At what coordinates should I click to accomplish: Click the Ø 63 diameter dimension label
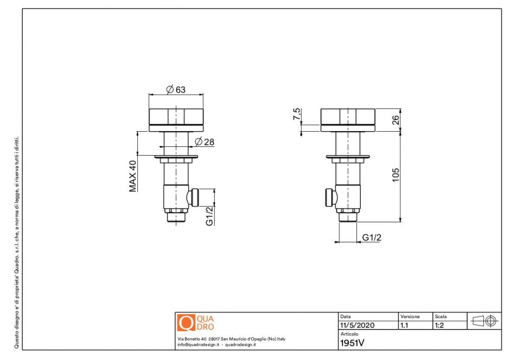pyautogui.click(x=176, y=89)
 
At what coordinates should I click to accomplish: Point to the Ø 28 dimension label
pyautogui.click(x=205, y=142)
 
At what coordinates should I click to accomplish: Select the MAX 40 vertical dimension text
pyautogui.click(x=132, y=176)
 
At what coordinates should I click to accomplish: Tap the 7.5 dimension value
pyautogui.click(x=296, y=114)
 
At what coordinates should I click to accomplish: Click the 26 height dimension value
pyautogui.click(x=396, y=119)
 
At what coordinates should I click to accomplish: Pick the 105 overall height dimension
pyautogui.click(x=396, y=175)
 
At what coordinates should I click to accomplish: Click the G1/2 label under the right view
pyautogui.click(x=372, y=237)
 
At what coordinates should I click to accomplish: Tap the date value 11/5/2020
pyautogui.click(x=357, y=326)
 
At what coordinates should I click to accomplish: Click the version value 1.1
pyautogui.click(x=404, y=326)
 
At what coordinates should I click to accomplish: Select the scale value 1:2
pyautogui.click(x=441, y=326)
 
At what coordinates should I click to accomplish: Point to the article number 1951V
pyautogui.click(x=352, y=343)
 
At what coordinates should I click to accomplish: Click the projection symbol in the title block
pyautogui.click(x=484, y=321)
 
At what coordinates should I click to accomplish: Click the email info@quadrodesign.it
pyautogui.click(x=197, y=344)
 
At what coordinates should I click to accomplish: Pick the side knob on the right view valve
pyautogui.click(x=329, y=197)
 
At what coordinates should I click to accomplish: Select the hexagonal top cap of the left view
pyautogui.click(x=176, y=117)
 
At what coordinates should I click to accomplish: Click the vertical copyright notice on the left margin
pyautogui.click(x=17, y=241)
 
